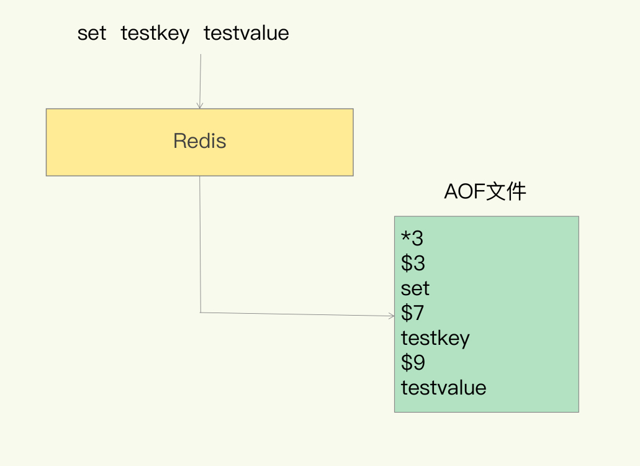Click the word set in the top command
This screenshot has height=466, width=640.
tap(92, 33)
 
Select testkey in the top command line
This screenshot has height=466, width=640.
tap(155, 33)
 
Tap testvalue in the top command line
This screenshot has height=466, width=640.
tap(246, 33)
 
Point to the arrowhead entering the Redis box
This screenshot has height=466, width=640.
tap(200, 106)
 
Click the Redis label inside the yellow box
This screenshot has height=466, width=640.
tap(199, 141)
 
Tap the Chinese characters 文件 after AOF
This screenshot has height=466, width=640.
tap(506, 192)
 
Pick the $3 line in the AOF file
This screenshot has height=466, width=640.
tap(413, 263)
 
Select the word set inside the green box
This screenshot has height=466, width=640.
tap(415, 288)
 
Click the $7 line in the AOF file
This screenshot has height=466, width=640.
tap(413, 313)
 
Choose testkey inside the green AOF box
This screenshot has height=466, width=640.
tap(435, 339)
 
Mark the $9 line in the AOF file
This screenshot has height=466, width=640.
tap(413, 363)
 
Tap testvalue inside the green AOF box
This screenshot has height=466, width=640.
tap(443, 388)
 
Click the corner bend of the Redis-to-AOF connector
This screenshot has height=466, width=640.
tap(201, 312)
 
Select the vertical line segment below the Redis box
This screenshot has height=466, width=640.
tap(200, 242)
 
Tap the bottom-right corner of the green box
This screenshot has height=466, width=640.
tap(578, 411)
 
